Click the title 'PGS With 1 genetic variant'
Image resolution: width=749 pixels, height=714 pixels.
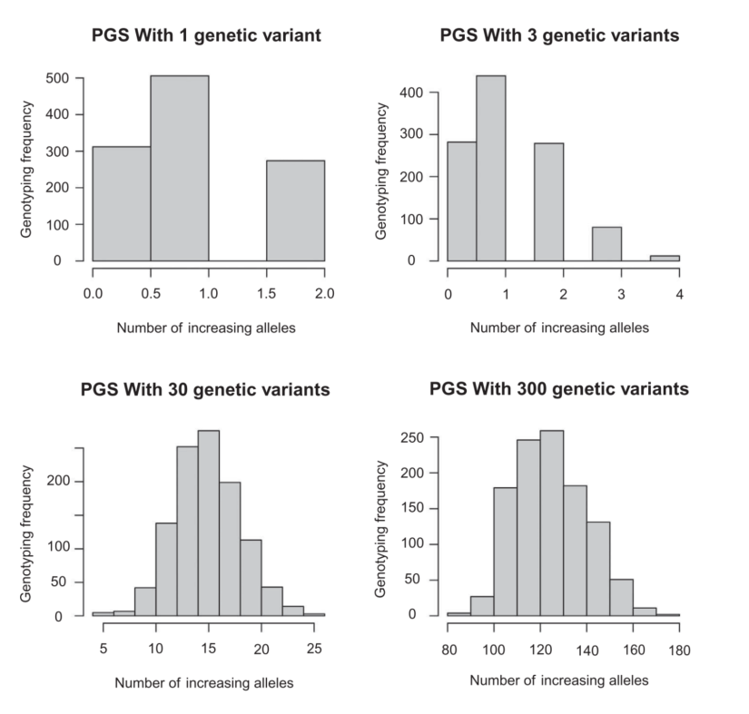pos(208,37)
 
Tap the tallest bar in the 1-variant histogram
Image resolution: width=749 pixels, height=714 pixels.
pos(180,168)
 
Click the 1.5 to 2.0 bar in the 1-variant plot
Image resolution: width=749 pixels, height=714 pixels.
pos(295,210)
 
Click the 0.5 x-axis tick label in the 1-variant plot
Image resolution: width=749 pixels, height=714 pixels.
pos(151,293)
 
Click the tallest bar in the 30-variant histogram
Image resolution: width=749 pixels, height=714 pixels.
pos(209,523)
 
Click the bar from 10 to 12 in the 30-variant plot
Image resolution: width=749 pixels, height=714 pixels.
pos(166,569)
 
